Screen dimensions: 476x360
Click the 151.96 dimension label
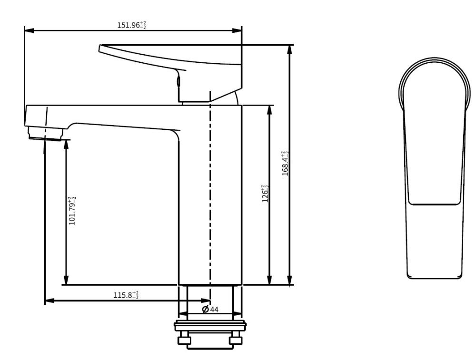click(132, 25)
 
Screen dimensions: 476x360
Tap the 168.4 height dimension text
click(285, 163)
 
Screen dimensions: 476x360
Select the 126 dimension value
click(265, 193)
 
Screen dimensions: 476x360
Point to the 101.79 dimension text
click(72, 211)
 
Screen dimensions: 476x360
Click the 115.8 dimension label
click(126, 295)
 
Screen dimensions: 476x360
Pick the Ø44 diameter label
click(210, 309)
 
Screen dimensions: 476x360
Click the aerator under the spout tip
click(46, 133)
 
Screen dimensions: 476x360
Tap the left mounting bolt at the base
click(184, 338)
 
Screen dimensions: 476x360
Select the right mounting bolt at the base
click(236, 338)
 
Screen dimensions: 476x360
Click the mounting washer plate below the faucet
click(210, 326)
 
